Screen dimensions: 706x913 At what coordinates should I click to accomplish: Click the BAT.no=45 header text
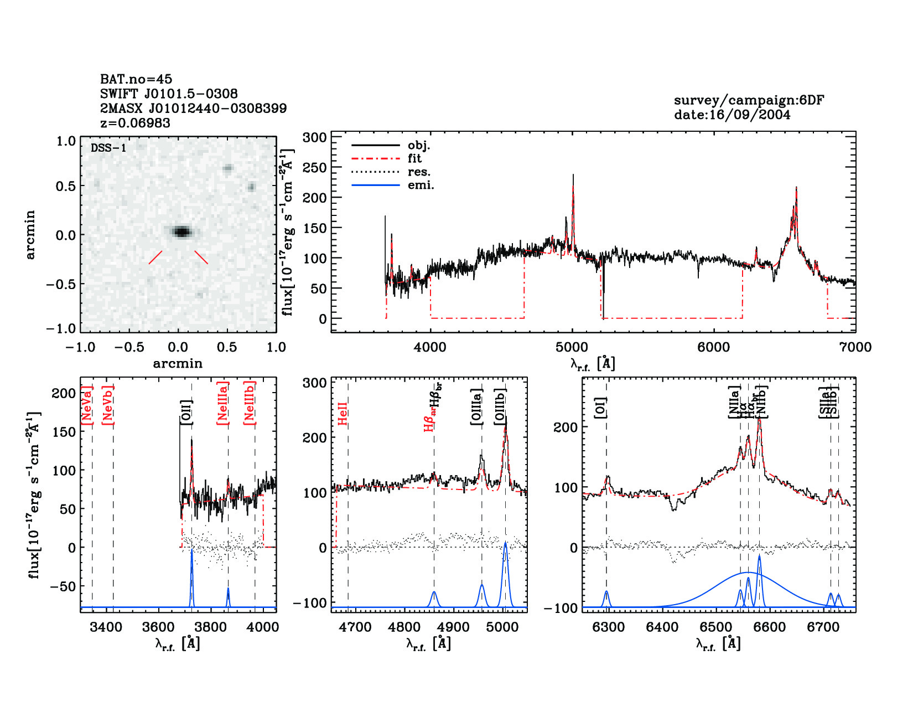pos(136,79)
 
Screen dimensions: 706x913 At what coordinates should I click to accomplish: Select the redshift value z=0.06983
pos(135,123)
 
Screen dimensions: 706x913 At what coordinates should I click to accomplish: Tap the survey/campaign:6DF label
pos(749,100)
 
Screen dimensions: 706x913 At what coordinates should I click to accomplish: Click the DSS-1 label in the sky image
pos(108,148)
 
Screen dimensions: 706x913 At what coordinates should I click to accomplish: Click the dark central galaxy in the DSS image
pos(181,231)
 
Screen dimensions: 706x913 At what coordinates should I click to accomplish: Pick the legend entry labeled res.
pos(419,172)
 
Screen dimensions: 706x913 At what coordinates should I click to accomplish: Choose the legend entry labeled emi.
pos(421,185)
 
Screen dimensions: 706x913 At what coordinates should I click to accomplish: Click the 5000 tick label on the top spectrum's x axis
pos(572,347)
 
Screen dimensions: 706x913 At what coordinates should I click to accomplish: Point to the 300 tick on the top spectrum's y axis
pos(314,137)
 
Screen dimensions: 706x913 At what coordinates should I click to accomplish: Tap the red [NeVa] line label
pos(87,405)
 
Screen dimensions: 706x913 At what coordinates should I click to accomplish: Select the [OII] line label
pos(186,413)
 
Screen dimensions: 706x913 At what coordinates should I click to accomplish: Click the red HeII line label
pos(343,413)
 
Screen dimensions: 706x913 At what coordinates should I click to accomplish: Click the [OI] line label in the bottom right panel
pos(600,407)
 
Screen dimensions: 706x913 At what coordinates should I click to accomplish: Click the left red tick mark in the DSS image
pos(155,257)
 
